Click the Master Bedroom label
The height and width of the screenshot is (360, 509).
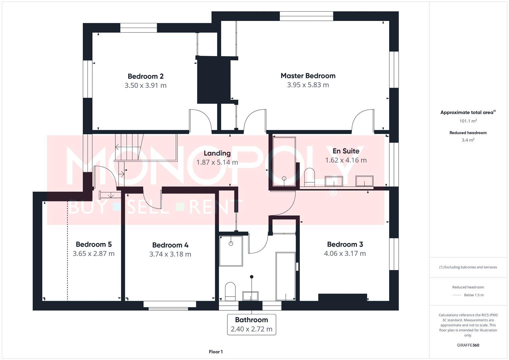(x=308, y=76)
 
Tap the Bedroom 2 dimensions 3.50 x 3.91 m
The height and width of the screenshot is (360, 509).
(x=145, y=85)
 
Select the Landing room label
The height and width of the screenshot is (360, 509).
(x=217, y=153)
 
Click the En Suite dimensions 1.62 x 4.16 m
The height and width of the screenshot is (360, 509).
(x=346, y=160)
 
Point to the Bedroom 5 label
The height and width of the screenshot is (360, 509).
(x=93, y=244)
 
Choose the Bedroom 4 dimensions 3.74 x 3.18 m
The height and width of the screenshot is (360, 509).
(x=170, y=254)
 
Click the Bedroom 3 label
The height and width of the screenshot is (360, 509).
(x=345, y=244)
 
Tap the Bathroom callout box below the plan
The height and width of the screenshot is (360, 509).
(x=251, y=324)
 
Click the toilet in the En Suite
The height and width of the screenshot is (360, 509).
(x=310, y=177)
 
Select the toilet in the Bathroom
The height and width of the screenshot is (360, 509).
(x=230, y=291)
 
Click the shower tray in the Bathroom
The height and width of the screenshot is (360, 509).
(x=231, y=251)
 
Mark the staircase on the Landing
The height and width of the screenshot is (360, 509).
(x=129, y=147)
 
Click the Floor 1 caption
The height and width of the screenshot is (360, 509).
(x=216, y=352)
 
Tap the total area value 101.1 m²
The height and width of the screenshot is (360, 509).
(x=468, y=121)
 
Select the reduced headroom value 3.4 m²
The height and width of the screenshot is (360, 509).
(x=468, y=140)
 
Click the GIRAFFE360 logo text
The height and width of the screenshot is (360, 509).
(x=468, y=345)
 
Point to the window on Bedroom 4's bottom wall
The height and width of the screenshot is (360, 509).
(x=170, y=305)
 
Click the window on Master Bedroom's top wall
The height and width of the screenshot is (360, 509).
(x=306, y=16)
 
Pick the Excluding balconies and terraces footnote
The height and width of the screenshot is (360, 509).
(x=468, y=267)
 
